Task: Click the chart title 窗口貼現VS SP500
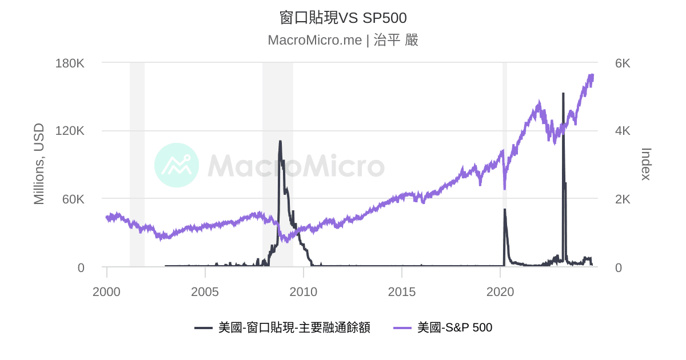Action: click(343, 18)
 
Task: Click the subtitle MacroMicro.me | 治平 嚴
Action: click(343, 40)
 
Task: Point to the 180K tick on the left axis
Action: click(70, 63)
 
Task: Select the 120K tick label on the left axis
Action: click(70, 131)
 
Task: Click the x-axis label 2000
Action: click(107, 291)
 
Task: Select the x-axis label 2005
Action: click(205, 291)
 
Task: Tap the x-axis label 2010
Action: click(304, 291)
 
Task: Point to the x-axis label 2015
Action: click(402, 291)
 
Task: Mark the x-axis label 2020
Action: click(500, 291)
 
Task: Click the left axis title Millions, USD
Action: click(39, 164)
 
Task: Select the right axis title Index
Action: click(645, 164)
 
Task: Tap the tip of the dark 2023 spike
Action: click(563, 94)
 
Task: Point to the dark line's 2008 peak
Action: click(280, 141)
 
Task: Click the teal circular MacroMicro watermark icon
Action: click(177, 165)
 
